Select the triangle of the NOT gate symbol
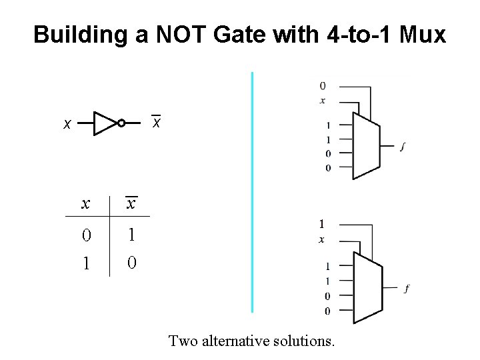103,123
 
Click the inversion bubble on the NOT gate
121,123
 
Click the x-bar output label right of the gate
156,123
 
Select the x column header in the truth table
85,204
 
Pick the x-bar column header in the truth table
131,203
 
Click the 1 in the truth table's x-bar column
131,235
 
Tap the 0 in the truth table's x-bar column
131,263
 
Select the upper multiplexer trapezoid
365,145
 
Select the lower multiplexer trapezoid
367,286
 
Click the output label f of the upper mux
402,147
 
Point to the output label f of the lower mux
407,288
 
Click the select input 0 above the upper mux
323,86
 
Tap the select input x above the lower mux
321,239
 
